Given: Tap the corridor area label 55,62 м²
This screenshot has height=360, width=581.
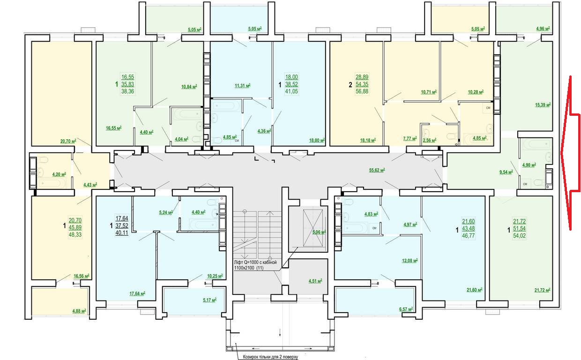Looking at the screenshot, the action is pyautogui.click(x=377, y=170).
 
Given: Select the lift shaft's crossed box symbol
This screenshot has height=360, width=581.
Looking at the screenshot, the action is pyautogui.click(x=313, y=228).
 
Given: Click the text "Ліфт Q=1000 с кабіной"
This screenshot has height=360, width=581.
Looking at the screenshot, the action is pyautogui.click(x=255, y=262).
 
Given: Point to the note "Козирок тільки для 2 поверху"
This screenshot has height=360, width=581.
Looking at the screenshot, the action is pyautogui.click(x=270, y=357).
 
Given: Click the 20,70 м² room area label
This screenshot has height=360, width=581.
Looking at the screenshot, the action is pyautogui.click(x=68, y=141).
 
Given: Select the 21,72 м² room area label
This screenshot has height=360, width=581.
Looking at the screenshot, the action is pyautogui.click(x=543, y=290).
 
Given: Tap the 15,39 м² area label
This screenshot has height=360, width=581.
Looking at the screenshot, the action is pyautogui.click(x=543, y=105).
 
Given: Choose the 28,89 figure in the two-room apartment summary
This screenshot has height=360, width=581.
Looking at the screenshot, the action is pyautogui.click(x=362, y=77).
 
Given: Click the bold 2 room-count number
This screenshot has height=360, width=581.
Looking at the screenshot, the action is pyautogui.click(x=350, y=85).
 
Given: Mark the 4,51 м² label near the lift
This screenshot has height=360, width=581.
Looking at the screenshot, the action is pyautogui.click(x=315, y=281).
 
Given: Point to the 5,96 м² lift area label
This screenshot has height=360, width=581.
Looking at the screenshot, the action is pyautogui.click(x=319, y=232).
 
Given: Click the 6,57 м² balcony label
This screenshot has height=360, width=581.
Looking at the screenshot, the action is pyautogui.click(x=406, y=309).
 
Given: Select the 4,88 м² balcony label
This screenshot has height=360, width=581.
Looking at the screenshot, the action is pyautogui.click(x=79, y=311).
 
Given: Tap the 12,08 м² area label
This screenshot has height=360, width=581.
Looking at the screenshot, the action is pyautogui.click(x=410, y=261).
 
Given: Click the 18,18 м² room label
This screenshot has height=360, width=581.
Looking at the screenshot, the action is pyautogui.click(x=368, y=141).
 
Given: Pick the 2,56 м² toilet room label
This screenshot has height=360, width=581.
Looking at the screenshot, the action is pyautogui.click(x=430, y=140).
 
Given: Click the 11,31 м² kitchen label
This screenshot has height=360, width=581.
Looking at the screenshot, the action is pyautogui.click(x=243, y=85).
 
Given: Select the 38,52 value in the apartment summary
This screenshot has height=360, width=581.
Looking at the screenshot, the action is pyautogui.click(x=291, y=84).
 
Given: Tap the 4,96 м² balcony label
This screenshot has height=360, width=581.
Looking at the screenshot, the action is pyautogui.click(x=543, y=29).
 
